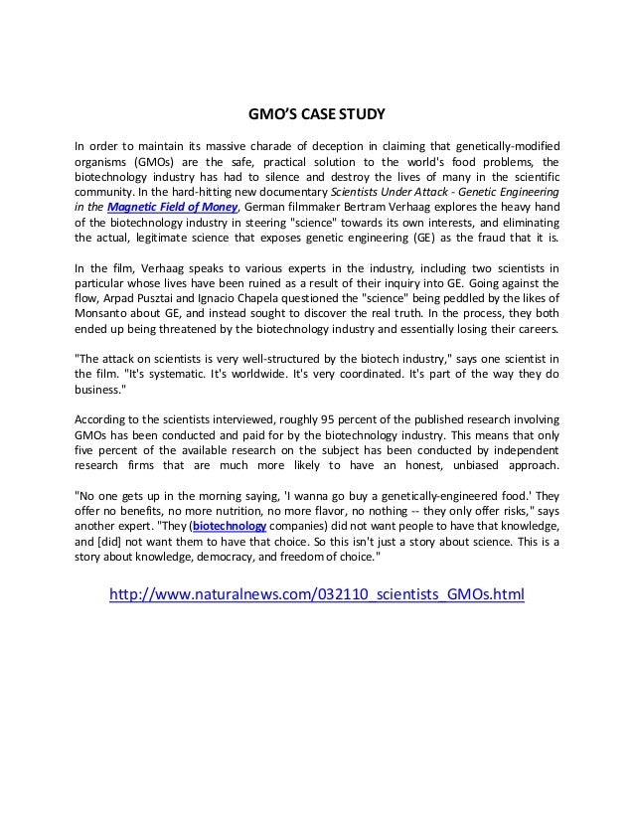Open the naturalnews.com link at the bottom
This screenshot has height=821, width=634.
pyautogui.click(x=315, y=594)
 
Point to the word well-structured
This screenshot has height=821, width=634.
pyautogui.click(x=280, y=358)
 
